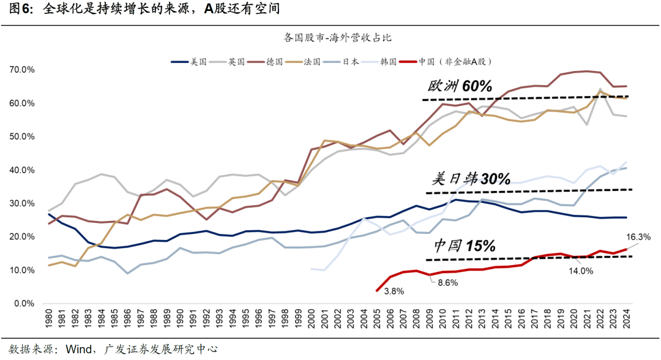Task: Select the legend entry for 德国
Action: point(274,62)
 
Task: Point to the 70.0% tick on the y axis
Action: point(22,70)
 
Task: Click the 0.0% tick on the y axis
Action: point(24,304)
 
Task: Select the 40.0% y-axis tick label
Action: point(22,170)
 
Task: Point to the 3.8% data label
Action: point(394,291)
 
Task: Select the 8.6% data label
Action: point(448,283)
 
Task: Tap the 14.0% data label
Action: point(581,271)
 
